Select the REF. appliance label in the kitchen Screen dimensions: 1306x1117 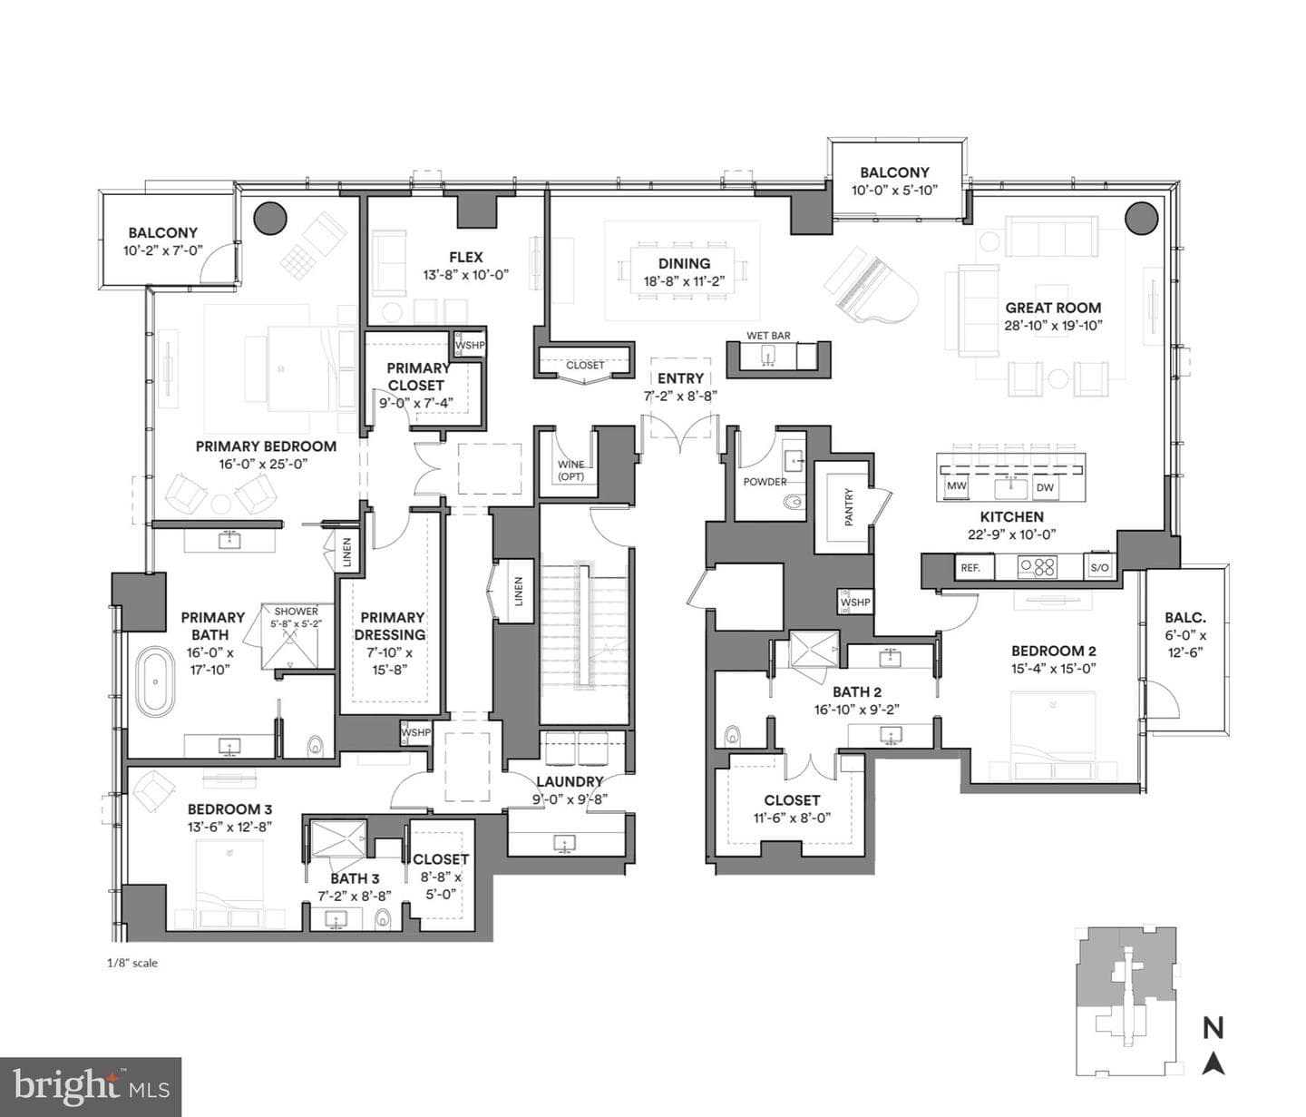coord(970,568)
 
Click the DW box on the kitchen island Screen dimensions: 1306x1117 coord(1045,487)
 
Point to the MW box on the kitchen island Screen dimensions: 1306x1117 coord(957,486)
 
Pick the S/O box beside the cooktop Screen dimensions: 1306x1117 coord(1099,568)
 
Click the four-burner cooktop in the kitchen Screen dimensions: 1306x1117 coord(1038,567)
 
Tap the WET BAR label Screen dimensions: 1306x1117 coord(768,336)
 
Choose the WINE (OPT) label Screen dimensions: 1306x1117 coord(570,470)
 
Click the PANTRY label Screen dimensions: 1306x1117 coord(849,507)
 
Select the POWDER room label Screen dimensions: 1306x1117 coord(765,482)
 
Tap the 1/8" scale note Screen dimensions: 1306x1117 coord(132,963)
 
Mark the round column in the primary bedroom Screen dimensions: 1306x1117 coord(270,218)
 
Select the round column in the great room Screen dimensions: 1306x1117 coord(1142,218)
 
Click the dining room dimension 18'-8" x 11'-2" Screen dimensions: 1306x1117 coord(684,281)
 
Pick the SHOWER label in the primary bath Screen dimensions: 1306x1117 coord(297,612)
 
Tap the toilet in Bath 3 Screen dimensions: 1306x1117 coord(383,917)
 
